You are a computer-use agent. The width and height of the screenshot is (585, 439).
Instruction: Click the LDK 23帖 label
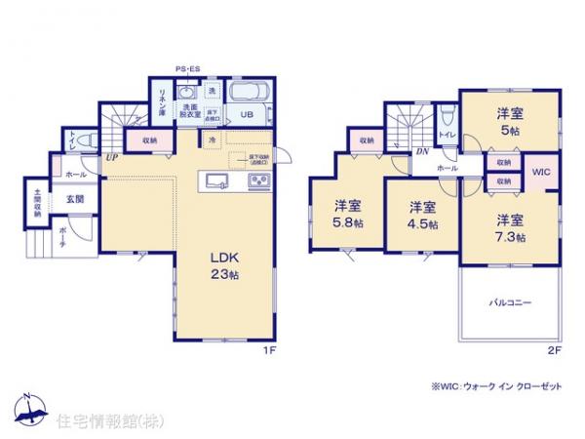[x=223, y=264]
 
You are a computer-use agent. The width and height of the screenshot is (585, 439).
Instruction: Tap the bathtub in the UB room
[x=248, y=97]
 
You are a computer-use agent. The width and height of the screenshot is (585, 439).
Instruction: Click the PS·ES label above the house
[x=188, y=69]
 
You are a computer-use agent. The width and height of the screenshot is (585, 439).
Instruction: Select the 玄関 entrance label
[x=74, y=199]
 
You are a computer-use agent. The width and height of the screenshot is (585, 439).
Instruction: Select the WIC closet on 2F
[x=541, y=174]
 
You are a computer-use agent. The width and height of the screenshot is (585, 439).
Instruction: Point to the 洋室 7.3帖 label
[x=508, y=226]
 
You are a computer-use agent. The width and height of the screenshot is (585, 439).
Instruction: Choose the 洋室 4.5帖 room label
[x=421, y=215]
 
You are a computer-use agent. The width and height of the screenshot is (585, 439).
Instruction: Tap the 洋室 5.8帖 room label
[x=348, y=213]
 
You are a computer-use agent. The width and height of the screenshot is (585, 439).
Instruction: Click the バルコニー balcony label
[x=510, y=303]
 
